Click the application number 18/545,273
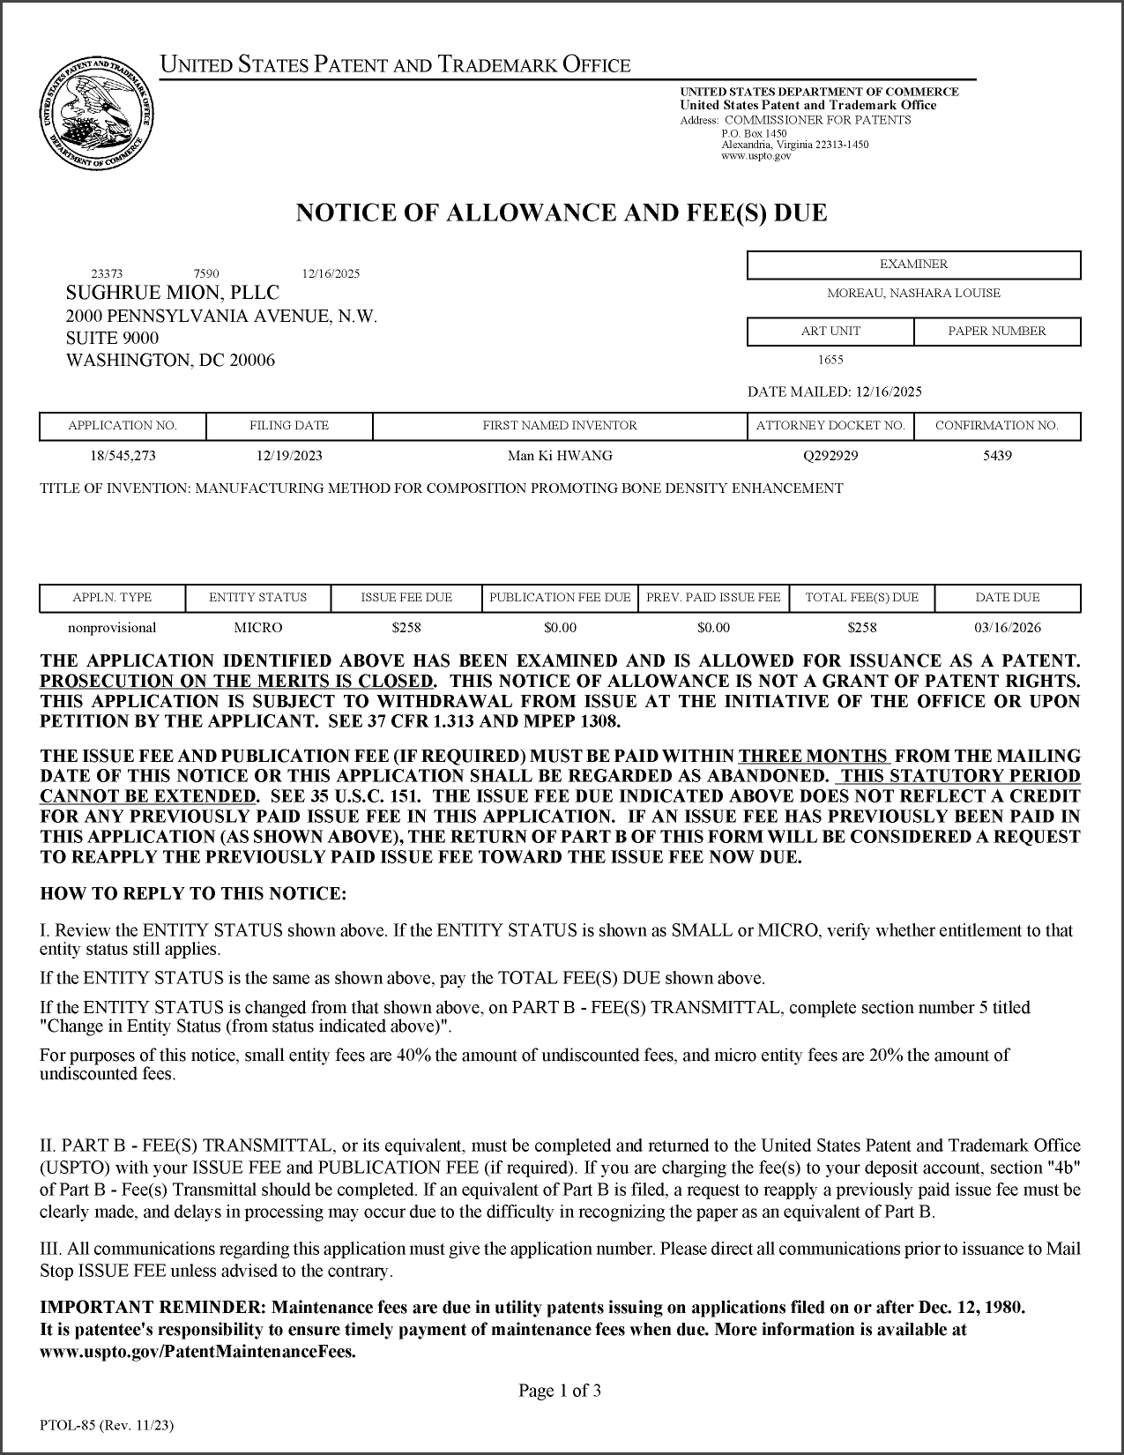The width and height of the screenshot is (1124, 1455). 123,456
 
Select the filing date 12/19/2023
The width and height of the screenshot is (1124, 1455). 289,456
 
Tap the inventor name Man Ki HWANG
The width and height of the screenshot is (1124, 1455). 560,456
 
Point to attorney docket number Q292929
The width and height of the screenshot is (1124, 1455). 830,456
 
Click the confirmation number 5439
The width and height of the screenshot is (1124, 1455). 997,456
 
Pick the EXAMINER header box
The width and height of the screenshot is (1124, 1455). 913,265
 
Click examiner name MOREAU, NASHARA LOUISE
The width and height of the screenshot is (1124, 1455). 913,294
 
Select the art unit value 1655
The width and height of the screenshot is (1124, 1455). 830,360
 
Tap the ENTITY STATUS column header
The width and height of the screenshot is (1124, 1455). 257,598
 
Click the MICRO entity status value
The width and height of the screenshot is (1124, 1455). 257,628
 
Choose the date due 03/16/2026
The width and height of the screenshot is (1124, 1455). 1008,628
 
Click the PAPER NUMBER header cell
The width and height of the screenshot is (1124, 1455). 997,332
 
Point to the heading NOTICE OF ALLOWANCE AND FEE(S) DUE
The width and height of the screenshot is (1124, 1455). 562,213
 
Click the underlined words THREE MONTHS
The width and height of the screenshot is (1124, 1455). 814,756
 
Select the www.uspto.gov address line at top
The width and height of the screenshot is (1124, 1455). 756,156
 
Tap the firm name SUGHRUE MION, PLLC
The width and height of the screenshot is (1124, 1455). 173,293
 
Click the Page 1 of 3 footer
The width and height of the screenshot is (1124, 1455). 560,1392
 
